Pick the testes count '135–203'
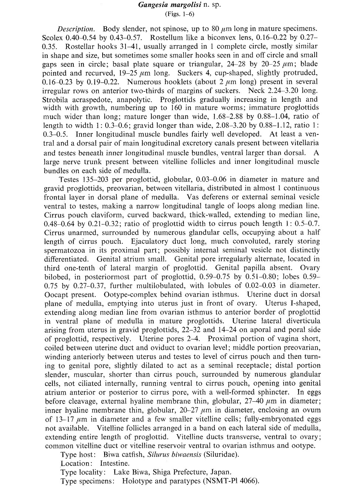click(x=91, y=180)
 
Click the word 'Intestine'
click(x=114, y=463)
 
